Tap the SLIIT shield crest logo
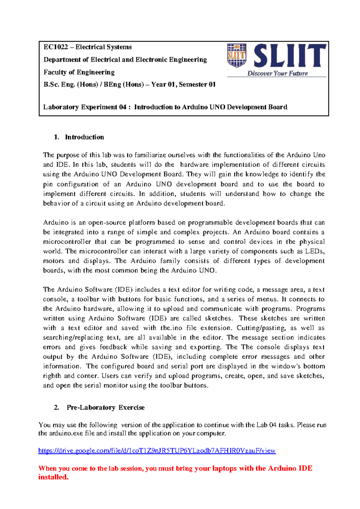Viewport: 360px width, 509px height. point(237,55)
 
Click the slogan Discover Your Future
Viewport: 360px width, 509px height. point(277,74)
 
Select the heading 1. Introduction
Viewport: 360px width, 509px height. point(79,137)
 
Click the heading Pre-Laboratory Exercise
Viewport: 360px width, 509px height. point(105,408)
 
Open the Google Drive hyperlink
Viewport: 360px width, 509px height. point(157,451)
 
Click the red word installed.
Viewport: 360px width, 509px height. point(53,477)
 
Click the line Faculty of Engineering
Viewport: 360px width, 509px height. point(79,72)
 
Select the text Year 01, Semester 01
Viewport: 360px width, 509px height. point(183,85)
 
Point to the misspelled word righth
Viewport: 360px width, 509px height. point(52,376)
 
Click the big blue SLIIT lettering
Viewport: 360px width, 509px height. point(290,56)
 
